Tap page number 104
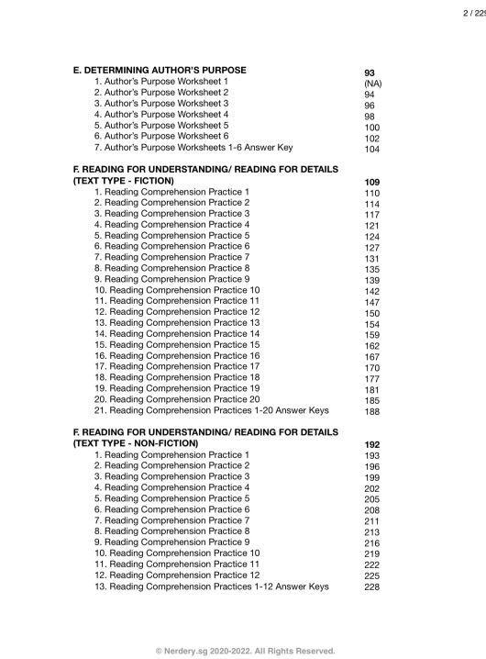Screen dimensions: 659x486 tap(371, 149)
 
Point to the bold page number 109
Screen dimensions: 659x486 tap(371, 183)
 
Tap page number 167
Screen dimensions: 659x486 tap(371, 357)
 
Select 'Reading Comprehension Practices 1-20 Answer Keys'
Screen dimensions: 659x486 tap(212, 410)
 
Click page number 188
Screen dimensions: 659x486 tap(371, 412)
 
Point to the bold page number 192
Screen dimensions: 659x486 tap(371, 445)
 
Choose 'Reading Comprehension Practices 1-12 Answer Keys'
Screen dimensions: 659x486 tap(212, 586)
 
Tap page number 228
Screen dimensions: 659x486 tap(371, 587)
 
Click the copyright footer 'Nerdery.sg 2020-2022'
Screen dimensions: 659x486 tap(245, 650)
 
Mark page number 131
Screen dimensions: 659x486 tap(371, 259)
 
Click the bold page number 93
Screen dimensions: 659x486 tap(369, 72)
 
